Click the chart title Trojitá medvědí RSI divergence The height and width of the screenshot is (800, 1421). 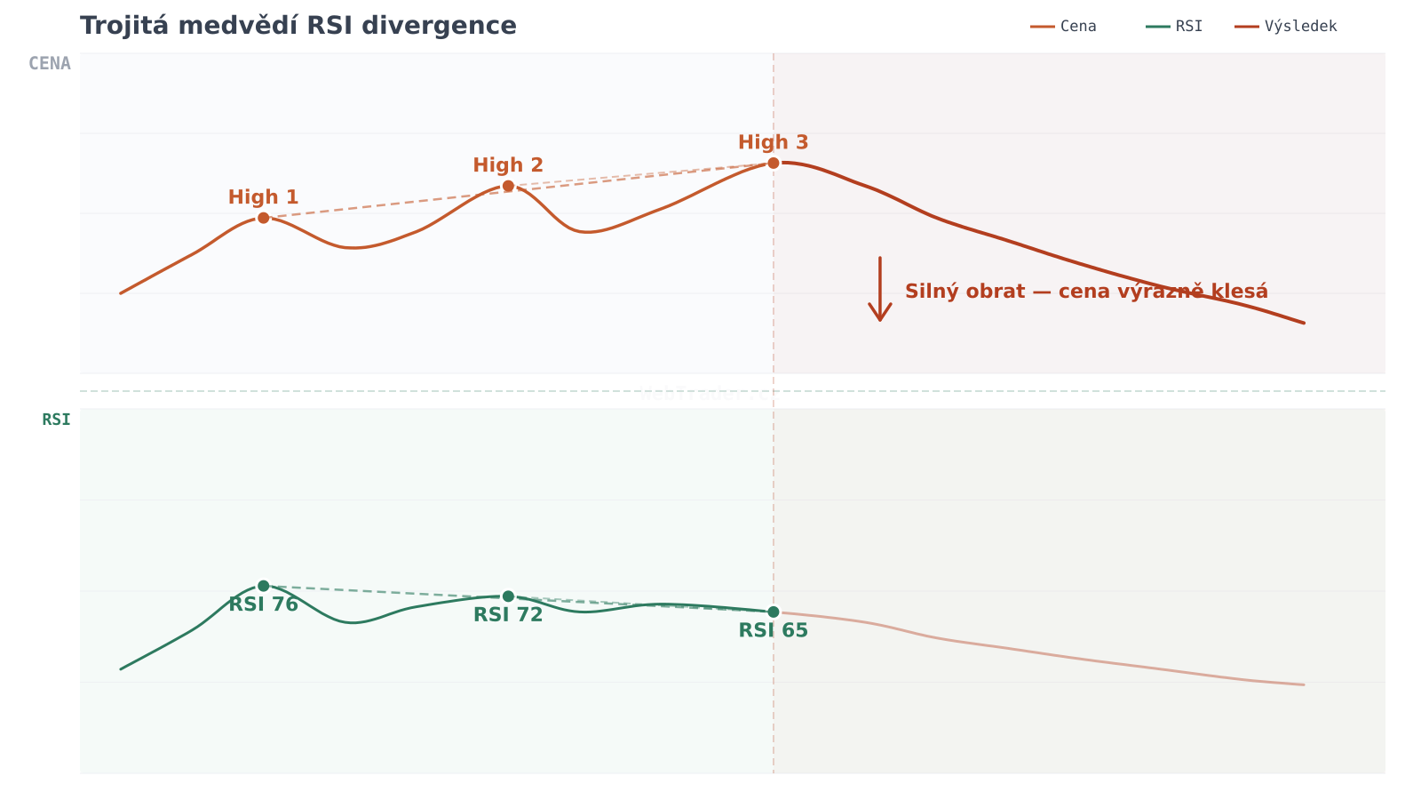point(298,26)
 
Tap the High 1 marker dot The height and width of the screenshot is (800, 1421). point(263,218)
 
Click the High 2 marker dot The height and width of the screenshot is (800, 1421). point(508,186)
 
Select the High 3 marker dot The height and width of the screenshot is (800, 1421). point(774,163)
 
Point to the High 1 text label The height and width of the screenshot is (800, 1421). point(263,197)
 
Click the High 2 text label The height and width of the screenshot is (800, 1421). point(508,165)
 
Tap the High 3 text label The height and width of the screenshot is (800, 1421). point(774,142)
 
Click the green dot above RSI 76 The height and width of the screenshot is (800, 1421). point(263,586)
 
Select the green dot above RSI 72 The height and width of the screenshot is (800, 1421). point(508,596)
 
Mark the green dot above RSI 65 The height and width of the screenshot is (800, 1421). point(774,612)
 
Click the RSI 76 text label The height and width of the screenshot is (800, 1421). point(263,604)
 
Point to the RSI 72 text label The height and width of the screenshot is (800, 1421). point(508,615)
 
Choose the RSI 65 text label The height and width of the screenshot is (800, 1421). point(774,631)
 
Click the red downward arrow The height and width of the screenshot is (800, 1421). point(880,290)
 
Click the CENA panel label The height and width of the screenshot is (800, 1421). point(50,64)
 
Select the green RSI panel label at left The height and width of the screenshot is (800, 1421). point(56,420)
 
